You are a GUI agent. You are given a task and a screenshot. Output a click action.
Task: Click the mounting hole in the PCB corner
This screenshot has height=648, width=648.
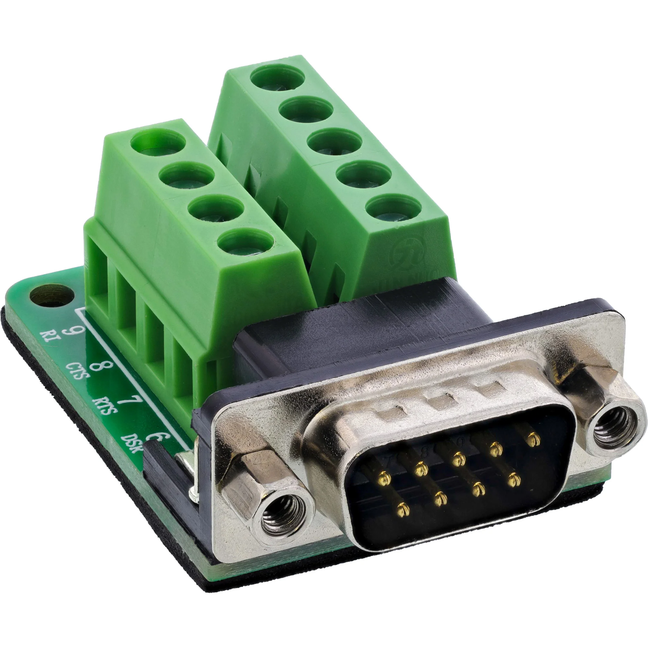point(51,296)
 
